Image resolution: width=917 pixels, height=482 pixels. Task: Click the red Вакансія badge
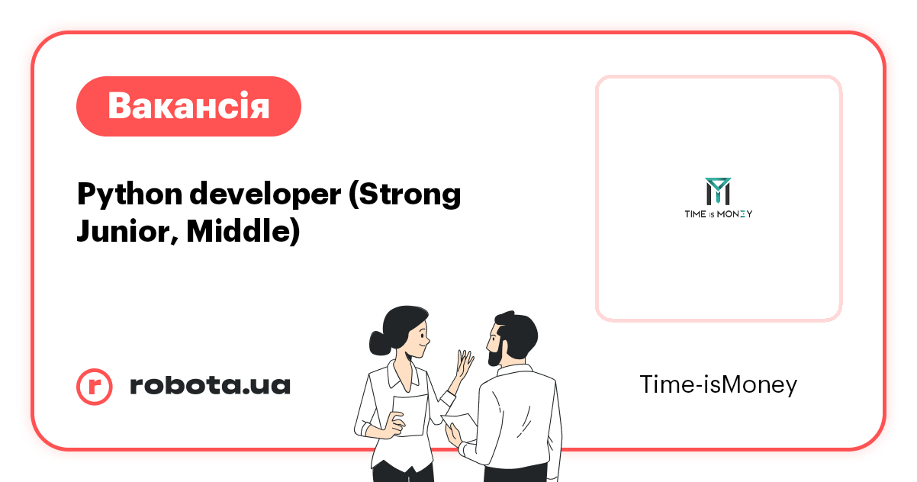coord(188,106)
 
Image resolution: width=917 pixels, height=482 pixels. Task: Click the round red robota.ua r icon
coord(95,386)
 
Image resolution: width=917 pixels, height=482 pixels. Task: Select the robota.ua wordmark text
coord(210,386)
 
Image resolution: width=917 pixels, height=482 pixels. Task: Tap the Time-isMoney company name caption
coord(718,385)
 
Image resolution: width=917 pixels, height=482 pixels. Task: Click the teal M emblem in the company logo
coord(717,191)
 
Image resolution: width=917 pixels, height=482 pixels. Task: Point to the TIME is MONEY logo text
coord(718,214)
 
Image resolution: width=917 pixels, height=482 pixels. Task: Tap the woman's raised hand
coord(464,365)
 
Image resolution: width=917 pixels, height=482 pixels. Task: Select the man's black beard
coord(495,351)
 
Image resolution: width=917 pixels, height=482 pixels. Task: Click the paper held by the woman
coord(410,416)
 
